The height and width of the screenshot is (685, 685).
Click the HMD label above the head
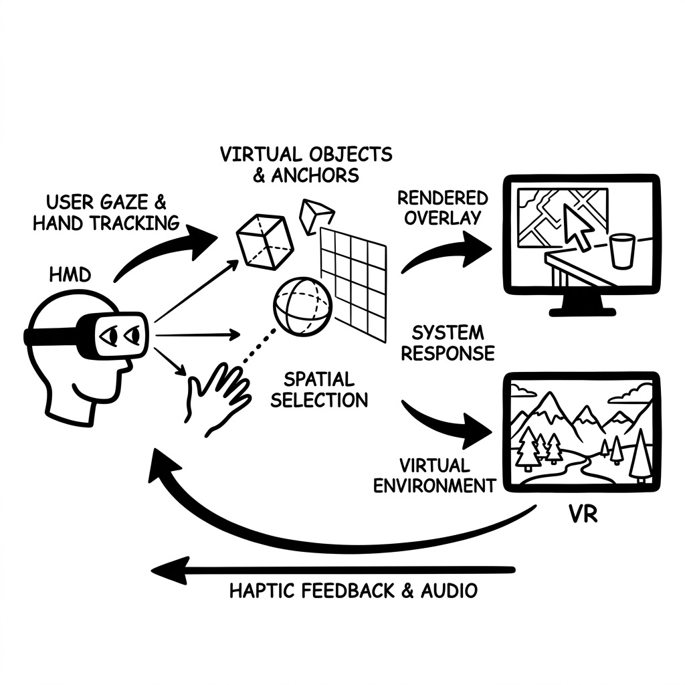coord(70,275)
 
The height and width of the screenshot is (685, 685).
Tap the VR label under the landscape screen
coord(583,514)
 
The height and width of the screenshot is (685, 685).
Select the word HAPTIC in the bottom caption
coord(263,591)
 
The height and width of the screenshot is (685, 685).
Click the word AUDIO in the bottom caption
coord(449,591)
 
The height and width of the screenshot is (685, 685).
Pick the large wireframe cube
coord(264,241)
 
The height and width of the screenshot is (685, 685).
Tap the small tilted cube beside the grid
coord(316,216)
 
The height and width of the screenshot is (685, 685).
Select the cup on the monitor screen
coord(621,251)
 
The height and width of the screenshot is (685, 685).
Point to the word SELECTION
coord(319,400)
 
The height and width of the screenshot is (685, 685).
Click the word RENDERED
coord(443,198)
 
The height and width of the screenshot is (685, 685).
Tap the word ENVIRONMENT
coord(435,486)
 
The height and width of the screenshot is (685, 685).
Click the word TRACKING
coord(135,223)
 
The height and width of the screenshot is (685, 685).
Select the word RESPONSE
coord(448,353)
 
